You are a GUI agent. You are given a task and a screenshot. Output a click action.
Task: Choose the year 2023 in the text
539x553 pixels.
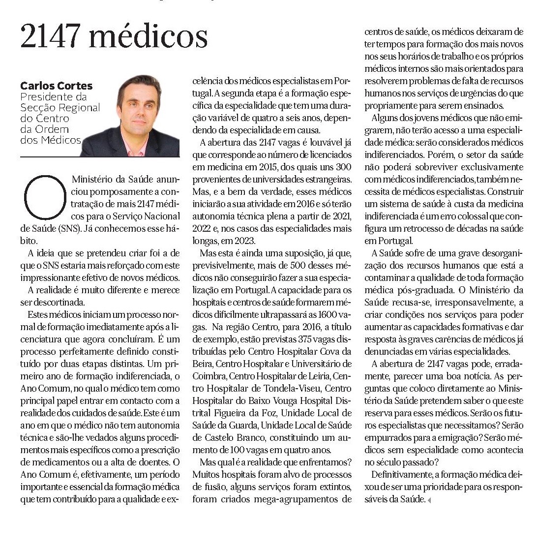point(246,241)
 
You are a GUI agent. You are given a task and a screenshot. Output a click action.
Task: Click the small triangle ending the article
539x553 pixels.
point(428,500)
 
